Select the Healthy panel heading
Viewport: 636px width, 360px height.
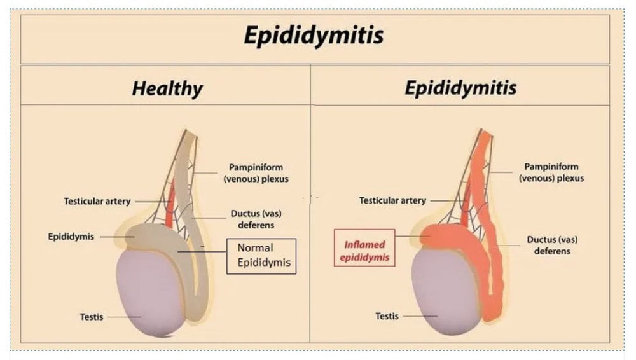tap(167, 88)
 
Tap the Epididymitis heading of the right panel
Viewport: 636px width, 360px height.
tap(460, 88)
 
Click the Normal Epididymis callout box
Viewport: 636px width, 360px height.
tap(261, 256)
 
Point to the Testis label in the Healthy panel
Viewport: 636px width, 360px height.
tap(92, 316)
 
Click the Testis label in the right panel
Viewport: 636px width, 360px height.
tap(387, 315)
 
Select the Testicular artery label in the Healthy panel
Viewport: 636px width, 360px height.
tap(97, 201)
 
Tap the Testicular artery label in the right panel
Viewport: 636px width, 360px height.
tap(392, 200)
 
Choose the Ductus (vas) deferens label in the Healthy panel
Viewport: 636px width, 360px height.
tap(253, 219)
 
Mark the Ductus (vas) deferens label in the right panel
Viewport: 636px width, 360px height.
tap(548, 246)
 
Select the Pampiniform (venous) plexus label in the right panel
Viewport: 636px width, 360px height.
tap(551, 173)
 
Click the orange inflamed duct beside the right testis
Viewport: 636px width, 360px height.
tap(493, 280)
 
